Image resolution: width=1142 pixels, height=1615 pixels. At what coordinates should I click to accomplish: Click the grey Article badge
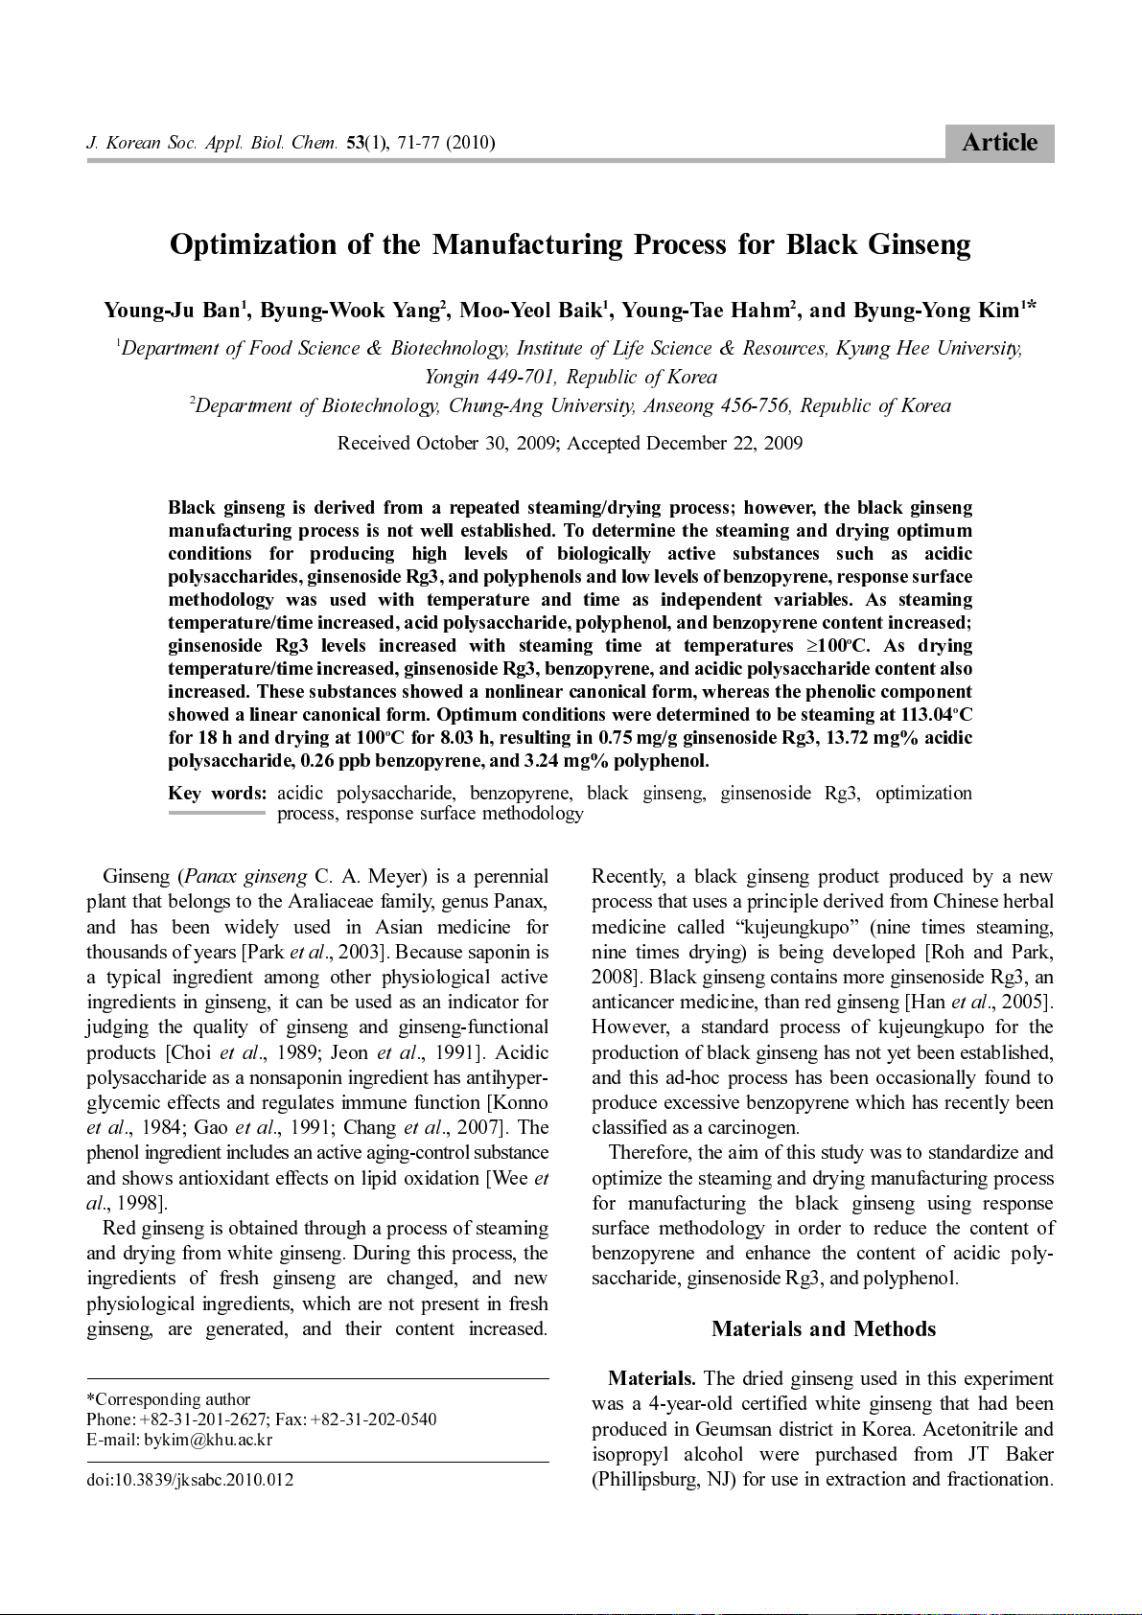click(999, 143)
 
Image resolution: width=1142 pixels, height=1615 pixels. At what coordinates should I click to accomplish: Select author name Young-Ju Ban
click(172, 311)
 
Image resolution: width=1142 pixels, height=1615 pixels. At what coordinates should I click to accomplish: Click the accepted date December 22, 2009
click(724, 443)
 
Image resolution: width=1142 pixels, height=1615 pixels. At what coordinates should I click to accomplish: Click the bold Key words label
click(217, 794)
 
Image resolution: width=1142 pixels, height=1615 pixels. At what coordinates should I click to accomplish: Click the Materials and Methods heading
click(823, 1329)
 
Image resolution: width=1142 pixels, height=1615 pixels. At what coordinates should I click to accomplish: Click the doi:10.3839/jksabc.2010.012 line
click(190, 1480)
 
